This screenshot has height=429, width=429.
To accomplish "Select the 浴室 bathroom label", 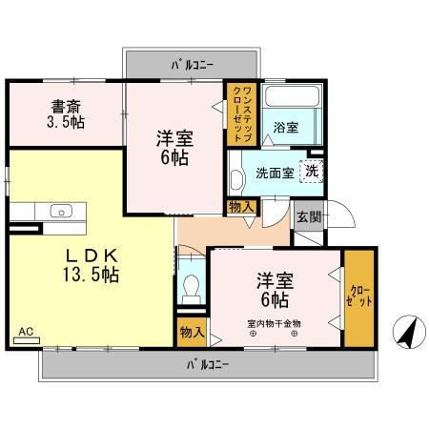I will click(285, 126).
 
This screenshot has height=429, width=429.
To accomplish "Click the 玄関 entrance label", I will click(307, 216).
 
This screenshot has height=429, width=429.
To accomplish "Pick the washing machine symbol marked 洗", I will click(310, 172).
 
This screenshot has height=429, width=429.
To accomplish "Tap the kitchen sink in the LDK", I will click(58, 212).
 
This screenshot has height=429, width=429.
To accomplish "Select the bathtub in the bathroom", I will click(283, 99).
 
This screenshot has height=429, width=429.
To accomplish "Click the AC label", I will click(26, 333).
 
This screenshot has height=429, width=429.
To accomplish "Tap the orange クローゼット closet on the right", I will click(359, 296).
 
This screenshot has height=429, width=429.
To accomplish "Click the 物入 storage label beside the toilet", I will click(191, 332).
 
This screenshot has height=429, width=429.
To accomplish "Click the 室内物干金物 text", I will click(274, 323).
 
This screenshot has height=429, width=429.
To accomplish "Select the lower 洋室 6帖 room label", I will click(273, 290).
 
